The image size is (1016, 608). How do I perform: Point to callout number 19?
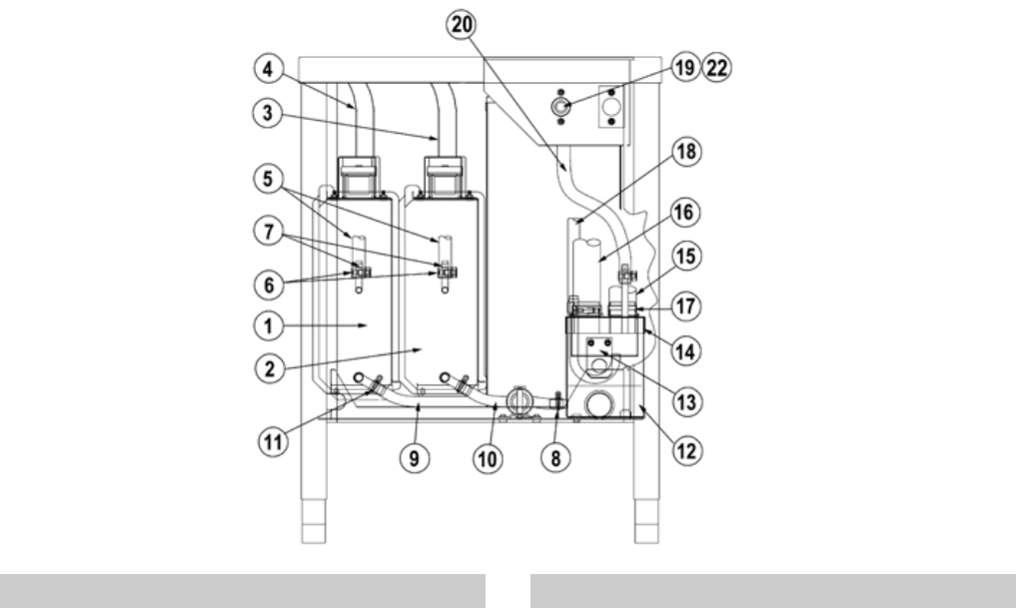coord(685,68)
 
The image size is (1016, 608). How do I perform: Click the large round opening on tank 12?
coord(601,403)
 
